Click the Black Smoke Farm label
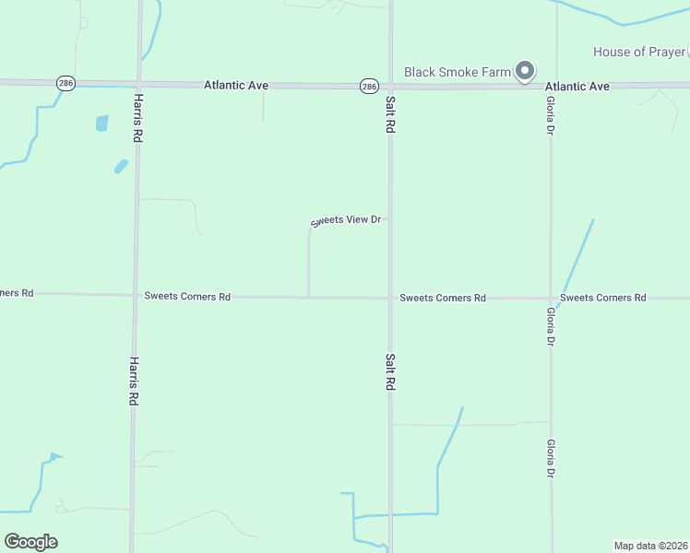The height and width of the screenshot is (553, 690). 458,71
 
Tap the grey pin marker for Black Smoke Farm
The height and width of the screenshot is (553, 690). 525,70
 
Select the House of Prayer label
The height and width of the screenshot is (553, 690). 638,52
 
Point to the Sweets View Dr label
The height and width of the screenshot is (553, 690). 346,221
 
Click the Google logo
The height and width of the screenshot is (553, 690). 30,541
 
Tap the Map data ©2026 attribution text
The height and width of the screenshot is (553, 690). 650,545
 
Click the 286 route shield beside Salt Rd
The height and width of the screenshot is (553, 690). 369,86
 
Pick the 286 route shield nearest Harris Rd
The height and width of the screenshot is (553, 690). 65,83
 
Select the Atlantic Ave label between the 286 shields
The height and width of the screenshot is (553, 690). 235,85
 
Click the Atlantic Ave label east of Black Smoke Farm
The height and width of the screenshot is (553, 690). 577,86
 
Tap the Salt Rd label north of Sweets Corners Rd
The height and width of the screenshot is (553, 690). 390,115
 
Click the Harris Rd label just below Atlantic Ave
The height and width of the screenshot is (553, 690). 137,116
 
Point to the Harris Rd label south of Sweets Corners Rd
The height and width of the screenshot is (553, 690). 134,382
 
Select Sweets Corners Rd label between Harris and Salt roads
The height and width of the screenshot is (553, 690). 187,297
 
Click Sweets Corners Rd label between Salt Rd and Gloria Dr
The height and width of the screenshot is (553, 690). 443,298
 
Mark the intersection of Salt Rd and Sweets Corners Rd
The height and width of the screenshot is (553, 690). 390,298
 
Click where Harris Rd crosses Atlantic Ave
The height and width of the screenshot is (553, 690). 139,84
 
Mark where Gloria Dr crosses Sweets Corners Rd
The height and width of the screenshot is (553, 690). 551,298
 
